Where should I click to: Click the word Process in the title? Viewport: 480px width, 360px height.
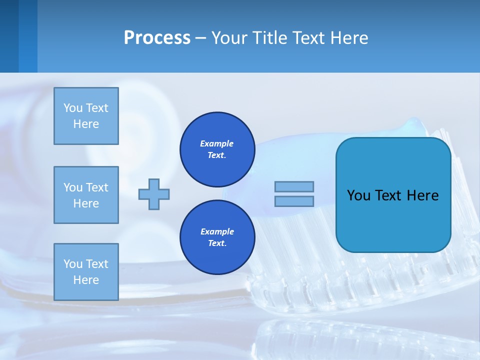click(157, 38)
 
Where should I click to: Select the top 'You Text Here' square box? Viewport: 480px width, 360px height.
click(86, 116)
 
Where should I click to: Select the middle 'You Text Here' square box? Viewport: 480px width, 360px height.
click(86, 195)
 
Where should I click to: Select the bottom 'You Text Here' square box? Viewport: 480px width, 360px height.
click(86, 272)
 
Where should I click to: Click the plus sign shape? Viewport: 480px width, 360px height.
click(154, 194)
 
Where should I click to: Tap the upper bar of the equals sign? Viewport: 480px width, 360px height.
click(294, 186)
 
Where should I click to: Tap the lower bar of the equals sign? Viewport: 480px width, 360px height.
click(294, 201)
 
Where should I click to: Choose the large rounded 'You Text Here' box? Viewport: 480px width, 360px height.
click(393, 220)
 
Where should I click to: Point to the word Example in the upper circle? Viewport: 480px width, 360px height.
click(217, 143)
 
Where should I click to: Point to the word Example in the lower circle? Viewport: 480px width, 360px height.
click(217, 231)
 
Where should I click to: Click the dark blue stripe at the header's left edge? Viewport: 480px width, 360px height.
click(9, 36)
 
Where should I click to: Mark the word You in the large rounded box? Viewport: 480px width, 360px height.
click(358, 195)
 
